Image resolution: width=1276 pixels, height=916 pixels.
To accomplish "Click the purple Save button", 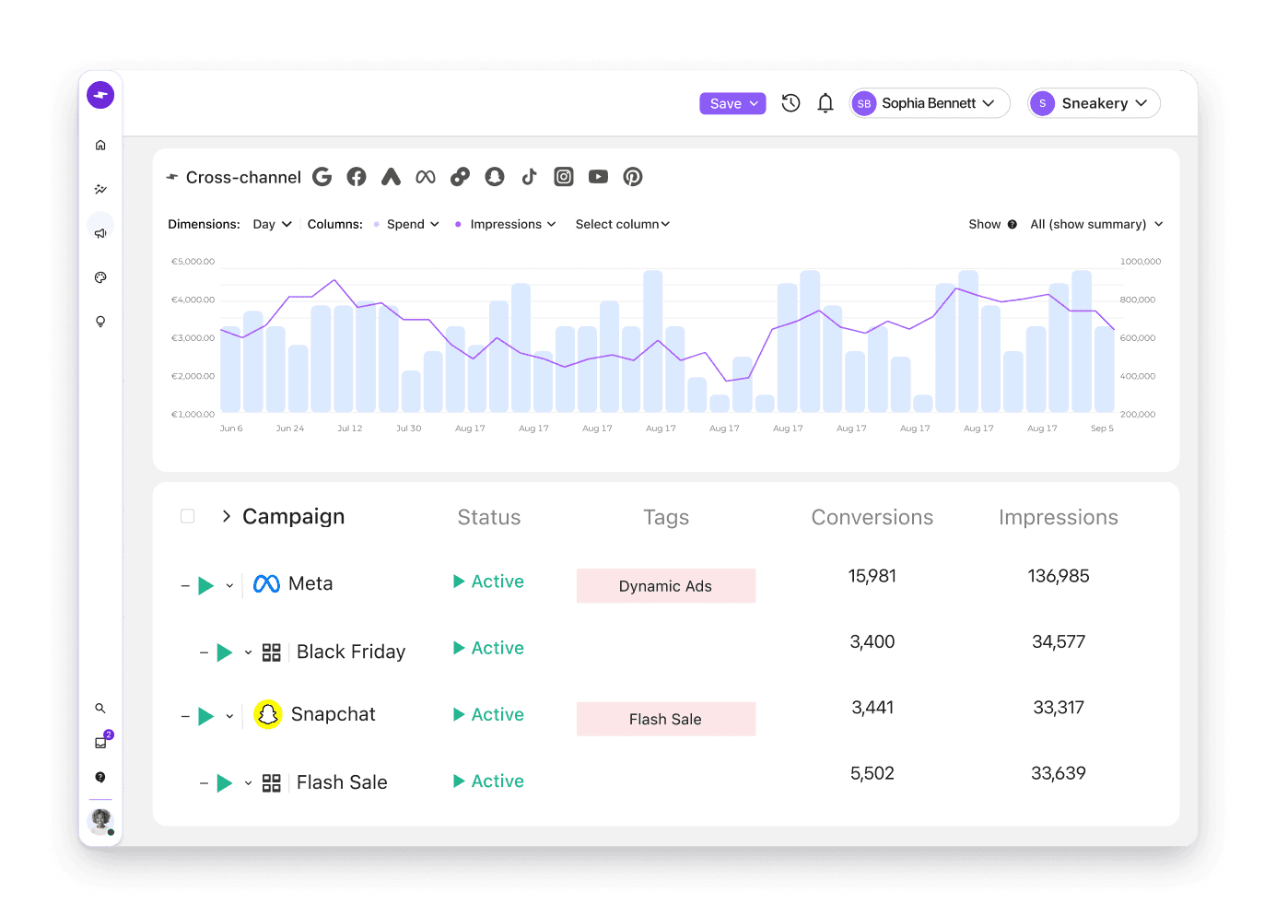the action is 732,104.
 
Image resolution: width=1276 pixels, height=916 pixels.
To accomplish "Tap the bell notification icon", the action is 825,103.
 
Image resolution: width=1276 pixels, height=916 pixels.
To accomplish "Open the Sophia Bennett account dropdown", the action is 929,103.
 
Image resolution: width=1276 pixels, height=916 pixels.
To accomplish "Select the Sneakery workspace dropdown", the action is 1094,103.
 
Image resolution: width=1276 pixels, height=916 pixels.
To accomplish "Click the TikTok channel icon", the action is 529,177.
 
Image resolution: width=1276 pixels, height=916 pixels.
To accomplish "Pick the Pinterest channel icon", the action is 632,177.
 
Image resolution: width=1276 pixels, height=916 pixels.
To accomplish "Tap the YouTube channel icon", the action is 598,177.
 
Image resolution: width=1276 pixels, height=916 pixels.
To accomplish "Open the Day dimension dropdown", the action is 273,225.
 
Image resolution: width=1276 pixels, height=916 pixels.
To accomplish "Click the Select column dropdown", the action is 622,225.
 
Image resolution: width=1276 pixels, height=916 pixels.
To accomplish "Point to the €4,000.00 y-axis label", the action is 193,299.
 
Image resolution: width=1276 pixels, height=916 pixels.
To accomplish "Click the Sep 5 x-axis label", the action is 1102,429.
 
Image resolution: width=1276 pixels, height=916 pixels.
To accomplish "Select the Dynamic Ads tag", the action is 666,585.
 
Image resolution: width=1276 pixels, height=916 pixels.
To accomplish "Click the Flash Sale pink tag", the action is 666,719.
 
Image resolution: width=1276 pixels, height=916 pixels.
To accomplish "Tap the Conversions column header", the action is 872,517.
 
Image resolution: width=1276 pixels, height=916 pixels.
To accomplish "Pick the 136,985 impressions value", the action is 1059,576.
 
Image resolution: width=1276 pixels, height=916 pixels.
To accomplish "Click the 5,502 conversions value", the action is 872,773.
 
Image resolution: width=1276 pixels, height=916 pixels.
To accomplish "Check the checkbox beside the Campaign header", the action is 187,516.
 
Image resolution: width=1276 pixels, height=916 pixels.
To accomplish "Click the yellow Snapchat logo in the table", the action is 268,714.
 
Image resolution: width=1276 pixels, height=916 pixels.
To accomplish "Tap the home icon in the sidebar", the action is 100,146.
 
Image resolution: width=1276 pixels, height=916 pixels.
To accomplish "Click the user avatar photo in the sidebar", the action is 100,821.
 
